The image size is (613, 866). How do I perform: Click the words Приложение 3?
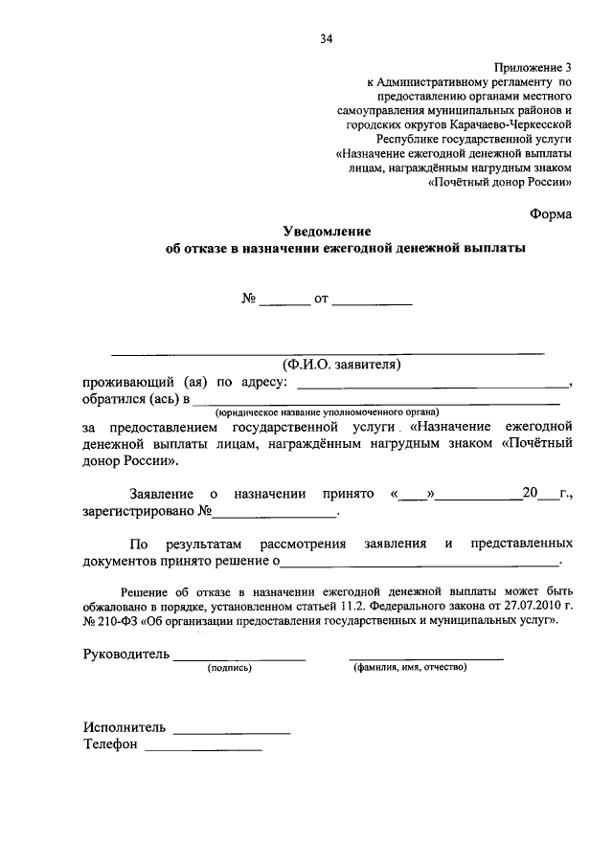click(x=534, y=67)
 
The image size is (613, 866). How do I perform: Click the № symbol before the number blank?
click(x=248, y=299)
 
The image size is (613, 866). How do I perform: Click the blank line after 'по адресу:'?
click(x=433, y=384)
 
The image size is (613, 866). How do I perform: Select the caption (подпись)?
click(x=229, y=668)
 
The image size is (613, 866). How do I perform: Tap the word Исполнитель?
click(x=124, y=726)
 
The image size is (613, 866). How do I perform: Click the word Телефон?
click(x=110, y=744)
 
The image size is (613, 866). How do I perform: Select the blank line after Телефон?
click(x=202, y=746)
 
